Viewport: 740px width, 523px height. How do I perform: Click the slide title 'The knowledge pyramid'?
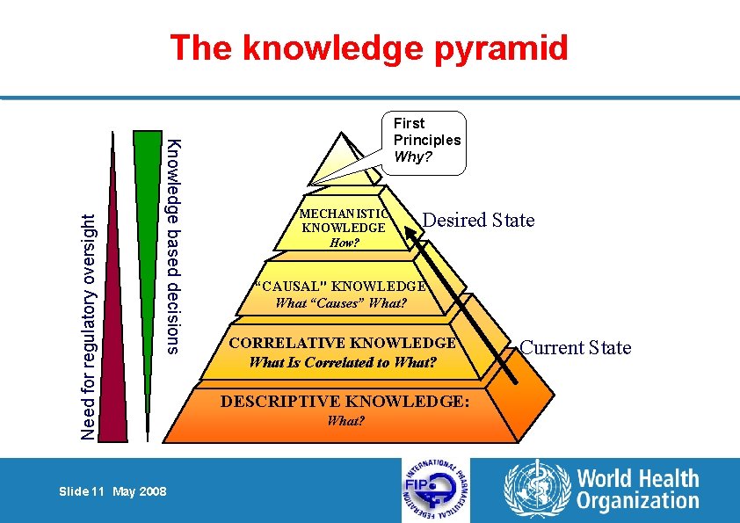tap(369, 47)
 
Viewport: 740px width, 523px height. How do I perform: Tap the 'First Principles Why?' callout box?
tap(427, 141)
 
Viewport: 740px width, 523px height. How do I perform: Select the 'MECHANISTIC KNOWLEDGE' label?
tap(343, 221)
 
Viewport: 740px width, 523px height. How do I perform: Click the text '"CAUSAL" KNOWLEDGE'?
tap(341, 286)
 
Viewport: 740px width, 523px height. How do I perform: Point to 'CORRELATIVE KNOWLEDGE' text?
tap(343, 343)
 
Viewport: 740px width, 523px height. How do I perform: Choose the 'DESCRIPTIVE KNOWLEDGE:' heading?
tap(345, 402)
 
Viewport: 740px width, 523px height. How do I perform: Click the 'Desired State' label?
tap(478, 220)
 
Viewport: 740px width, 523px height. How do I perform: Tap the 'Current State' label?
tap(575, 347)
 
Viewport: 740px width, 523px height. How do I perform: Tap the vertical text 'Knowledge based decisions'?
tap(174, 246)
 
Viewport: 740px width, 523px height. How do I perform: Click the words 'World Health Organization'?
tap(637, 490)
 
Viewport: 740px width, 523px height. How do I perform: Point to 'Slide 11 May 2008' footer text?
tap(112, 491)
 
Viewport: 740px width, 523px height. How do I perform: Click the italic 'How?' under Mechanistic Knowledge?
tap(344, 243)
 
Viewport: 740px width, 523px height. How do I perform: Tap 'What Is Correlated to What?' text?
tap(343, 361)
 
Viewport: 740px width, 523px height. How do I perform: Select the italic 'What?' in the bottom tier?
tap(345, 421)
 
